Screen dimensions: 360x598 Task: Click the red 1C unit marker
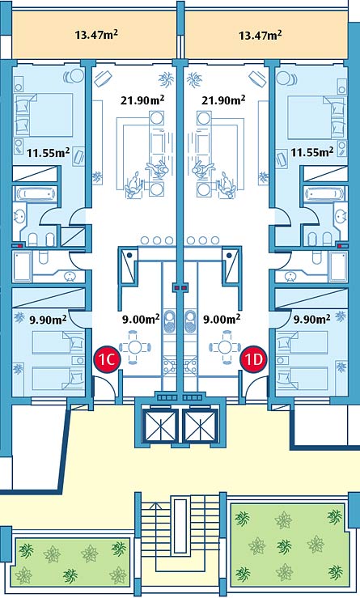tap(108, 358)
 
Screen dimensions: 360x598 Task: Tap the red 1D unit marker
tap(253, 358)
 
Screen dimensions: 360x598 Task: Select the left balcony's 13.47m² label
tap(96, 35)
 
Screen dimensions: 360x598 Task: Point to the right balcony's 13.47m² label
tap(260, 35)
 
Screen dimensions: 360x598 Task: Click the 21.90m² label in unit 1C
tap(142, 100)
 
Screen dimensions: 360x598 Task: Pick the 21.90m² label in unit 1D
tap(223, 100)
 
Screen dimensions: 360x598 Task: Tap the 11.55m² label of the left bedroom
tap(48, 153)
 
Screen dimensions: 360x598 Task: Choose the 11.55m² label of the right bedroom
tap(312, 153)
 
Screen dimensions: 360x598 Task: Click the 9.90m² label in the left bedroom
tap(48, 319)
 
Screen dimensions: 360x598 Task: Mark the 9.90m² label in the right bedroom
tap(311, 319)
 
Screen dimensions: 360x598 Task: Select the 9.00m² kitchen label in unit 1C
tap(141, 319)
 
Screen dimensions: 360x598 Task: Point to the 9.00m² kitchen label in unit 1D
tap(222, 319)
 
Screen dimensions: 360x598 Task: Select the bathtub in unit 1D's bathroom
tap(324, 194)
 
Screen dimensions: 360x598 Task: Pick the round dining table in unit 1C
tap(134, 347)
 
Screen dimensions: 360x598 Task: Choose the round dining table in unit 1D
tap(226, 347)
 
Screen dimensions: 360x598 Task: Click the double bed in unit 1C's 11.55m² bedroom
tap(44, 115)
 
